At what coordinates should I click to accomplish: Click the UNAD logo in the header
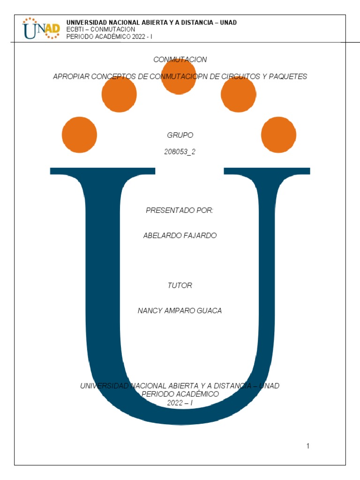[41, 28]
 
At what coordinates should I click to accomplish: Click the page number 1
[308, 446]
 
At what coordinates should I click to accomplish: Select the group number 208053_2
[180, 151]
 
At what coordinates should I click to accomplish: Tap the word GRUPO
[180, 135]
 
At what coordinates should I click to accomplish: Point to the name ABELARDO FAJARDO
[180, 235]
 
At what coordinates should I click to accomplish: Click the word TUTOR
[180, 285]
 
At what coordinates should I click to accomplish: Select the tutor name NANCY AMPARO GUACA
[180, 310]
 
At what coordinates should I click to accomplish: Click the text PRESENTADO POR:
[180, 210]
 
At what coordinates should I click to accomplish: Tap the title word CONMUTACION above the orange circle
[180, 60]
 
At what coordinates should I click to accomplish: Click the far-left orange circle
[79, 135]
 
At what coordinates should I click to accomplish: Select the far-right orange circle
[278, 135]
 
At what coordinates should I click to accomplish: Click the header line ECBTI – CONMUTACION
[101, 29]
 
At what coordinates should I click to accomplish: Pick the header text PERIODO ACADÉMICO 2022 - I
[109, 36]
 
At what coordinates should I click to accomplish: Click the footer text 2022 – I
[180, 403]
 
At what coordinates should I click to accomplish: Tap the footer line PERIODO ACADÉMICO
[180, 394]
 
